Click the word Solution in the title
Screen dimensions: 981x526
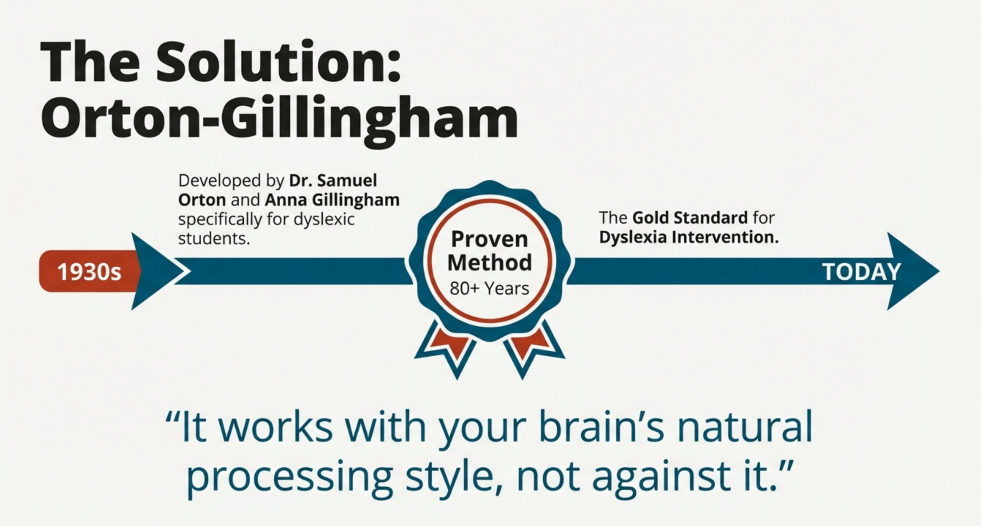pyautogui.click(x=278, y=62)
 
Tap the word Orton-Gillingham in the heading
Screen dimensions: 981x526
pyautogui.click(x=280, y=117)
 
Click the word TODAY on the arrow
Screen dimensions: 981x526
pyautogui.click(x=861, y=272)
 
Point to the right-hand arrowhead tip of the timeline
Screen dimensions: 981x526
pyautogui.click(x=939, y=271)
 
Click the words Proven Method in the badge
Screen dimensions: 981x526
pyautogui.click(x=490, y=251)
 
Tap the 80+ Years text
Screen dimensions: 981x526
pyautogui.click(x=489, y=288)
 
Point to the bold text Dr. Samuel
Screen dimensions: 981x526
pyautogui.click(x=333, y=180)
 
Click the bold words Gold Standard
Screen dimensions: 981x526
pyautogui.click(x=690, y=218)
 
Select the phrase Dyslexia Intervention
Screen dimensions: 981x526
pyautogui.click(x=689, y=237)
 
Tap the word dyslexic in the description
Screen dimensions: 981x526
pyautogui.click(x=324, y=220)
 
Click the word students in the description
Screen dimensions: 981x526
pyautogui.click(x=214, y=239)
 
